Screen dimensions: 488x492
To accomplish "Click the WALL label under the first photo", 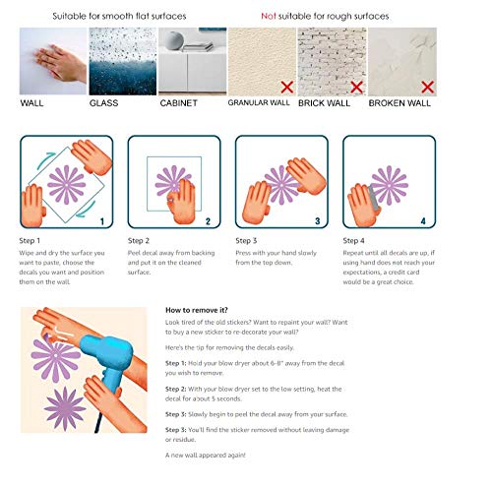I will click(31, 102).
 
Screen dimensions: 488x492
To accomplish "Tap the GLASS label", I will click(104, 102).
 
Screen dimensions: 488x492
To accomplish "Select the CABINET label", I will click(180, 102).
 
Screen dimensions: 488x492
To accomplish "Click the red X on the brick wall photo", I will click(355, 87).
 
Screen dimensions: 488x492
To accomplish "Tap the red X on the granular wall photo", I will click(284, 87).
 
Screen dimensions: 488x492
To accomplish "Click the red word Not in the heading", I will click(269, 17).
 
